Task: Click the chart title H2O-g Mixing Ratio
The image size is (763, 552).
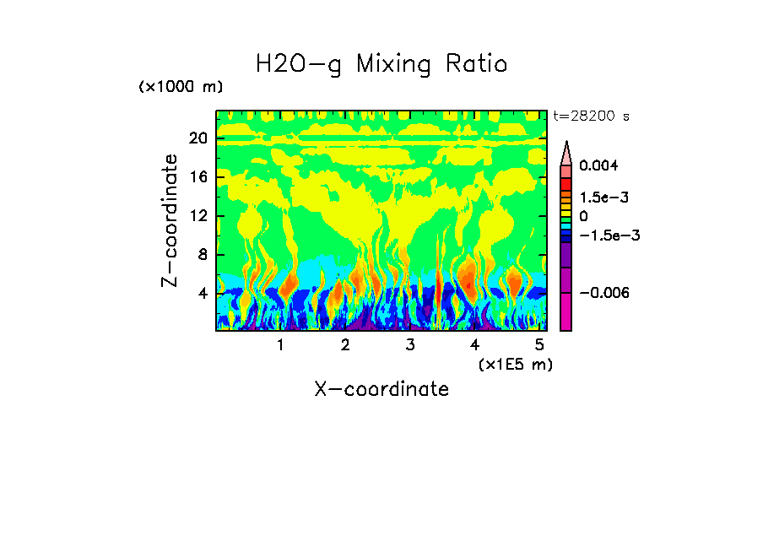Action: click(x=381, y=64)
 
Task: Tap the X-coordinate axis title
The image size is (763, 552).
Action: click(x=381, y=389)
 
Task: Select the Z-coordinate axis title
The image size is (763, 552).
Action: click(x=170, y=220)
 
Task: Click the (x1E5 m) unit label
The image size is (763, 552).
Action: click(x=515, y=364)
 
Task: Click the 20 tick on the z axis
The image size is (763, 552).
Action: click(x=198, y=138)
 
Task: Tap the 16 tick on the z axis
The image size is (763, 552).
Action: click(x=198, y=177)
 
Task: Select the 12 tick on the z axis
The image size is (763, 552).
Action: click(x=198, y=216)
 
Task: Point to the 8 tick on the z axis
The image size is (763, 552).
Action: click(x=203, y=255)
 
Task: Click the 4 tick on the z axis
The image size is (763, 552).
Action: click(x=203, y=294)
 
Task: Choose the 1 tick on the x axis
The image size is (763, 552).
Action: click(x=280, y=345)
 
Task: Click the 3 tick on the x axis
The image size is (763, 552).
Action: click(x=409, y=345)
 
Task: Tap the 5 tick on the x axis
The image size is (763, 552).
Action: click(x=539, y=345)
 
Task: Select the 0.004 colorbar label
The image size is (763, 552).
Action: click(x=599, y=165)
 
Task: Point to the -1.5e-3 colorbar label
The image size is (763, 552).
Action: click(x=609, y=235)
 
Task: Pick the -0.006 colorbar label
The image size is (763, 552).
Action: click(x=603, y=293)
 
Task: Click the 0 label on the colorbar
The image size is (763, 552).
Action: click(x=583, y=217)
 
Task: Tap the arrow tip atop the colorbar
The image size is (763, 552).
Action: click(x=566, y=143)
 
